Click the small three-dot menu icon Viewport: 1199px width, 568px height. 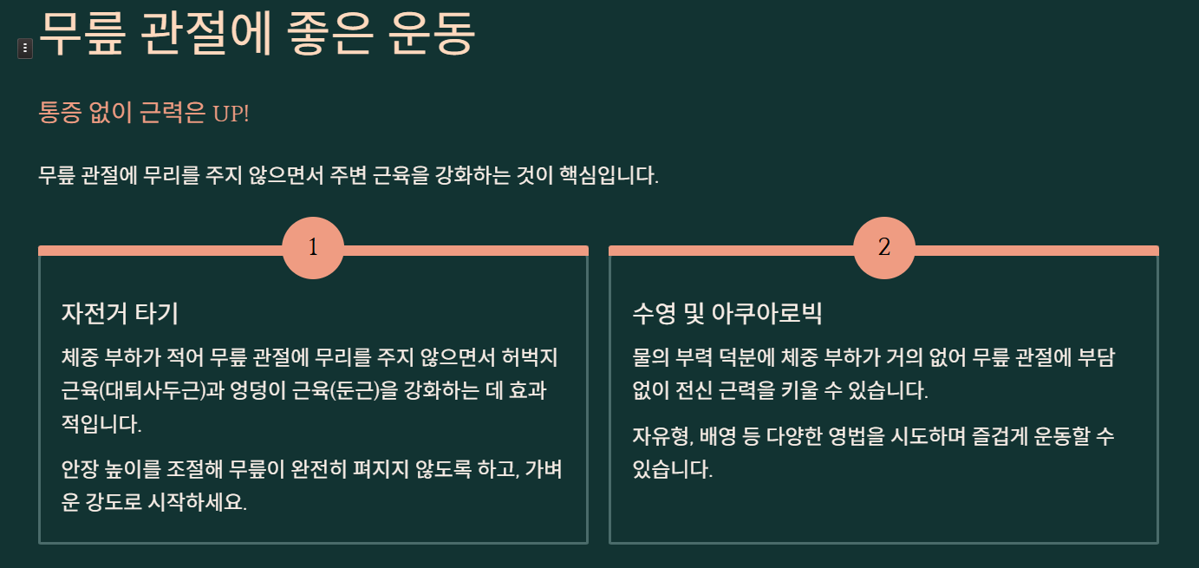pos(25,49)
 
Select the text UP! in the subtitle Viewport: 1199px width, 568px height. pos(231,113)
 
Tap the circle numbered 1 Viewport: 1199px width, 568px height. pos(313,248)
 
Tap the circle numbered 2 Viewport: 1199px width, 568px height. pos(883,248)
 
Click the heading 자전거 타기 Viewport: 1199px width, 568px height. pos(120,313)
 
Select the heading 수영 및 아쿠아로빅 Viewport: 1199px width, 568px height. pos(727,313)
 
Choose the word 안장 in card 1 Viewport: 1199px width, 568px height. pos(80,469)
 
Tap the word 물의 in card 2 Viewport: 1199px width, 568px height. pos(651,357)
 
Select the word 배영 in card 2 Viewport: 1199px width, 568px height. pos(720,436)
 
